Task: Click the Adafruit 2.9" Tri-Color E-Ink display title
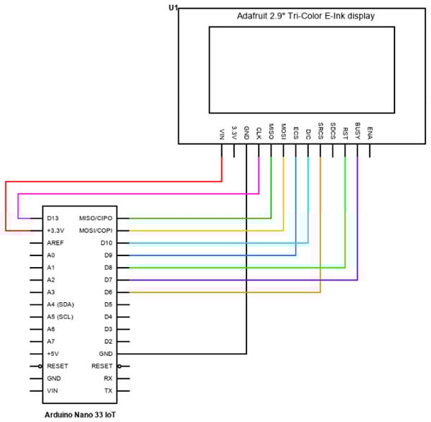point(306,16)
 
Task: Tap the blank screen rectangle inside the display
point(302,70)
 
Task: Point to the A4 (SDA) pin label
point(61,304)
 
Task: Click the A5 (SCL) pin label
point(61,316)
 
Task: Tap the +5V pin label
point(52,354)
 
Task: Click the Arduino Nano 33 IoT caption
point(78,415)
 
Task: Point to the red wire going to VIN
point(108,182)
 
